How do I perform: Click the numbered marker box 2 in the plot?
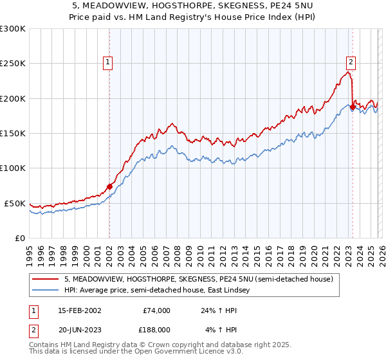tap(351, 62)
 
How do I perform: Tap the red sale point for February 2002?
tap(109, 186)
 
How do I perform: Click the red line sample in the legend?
tap(46, 280)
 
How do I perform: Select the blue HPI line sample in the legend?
tap(46, 291)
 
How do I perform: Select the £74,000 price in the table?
tap(156, 310)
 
